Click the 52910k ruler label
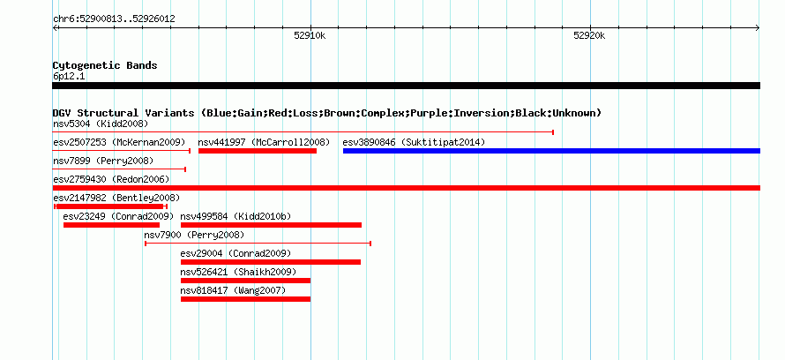tap(310, 35)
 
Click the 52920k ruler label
tap(590, 35)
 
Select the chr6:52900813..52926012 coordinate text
tap(114, 19)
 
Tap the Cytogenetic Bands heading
tap(105, 65)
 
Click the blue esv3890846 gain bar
tap(551, 151)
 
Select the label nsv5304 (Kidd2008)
tap(101, 124)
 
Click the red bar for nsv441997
tap(258, 151)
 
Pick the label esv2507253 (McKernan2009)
tap(119, 142)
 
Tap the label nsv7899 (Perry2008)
tap(103, 161)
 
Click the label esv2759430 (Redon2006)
tap(111, 179)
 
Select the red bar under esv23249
tap(112, 225)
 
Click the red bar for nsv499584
tap(271, 225)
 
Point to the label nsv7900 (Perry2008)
tap(194, 235)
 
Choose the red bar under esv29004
tap(271, 262)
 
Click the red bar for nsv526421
tap(245, 281)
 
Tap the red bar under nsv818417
tap(245, 299)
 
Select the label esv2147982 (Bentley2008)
tap(116, 198)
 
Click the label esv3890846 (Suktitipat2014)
tap(414, 142)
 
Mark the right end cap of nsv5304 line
tap(553, 132)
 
